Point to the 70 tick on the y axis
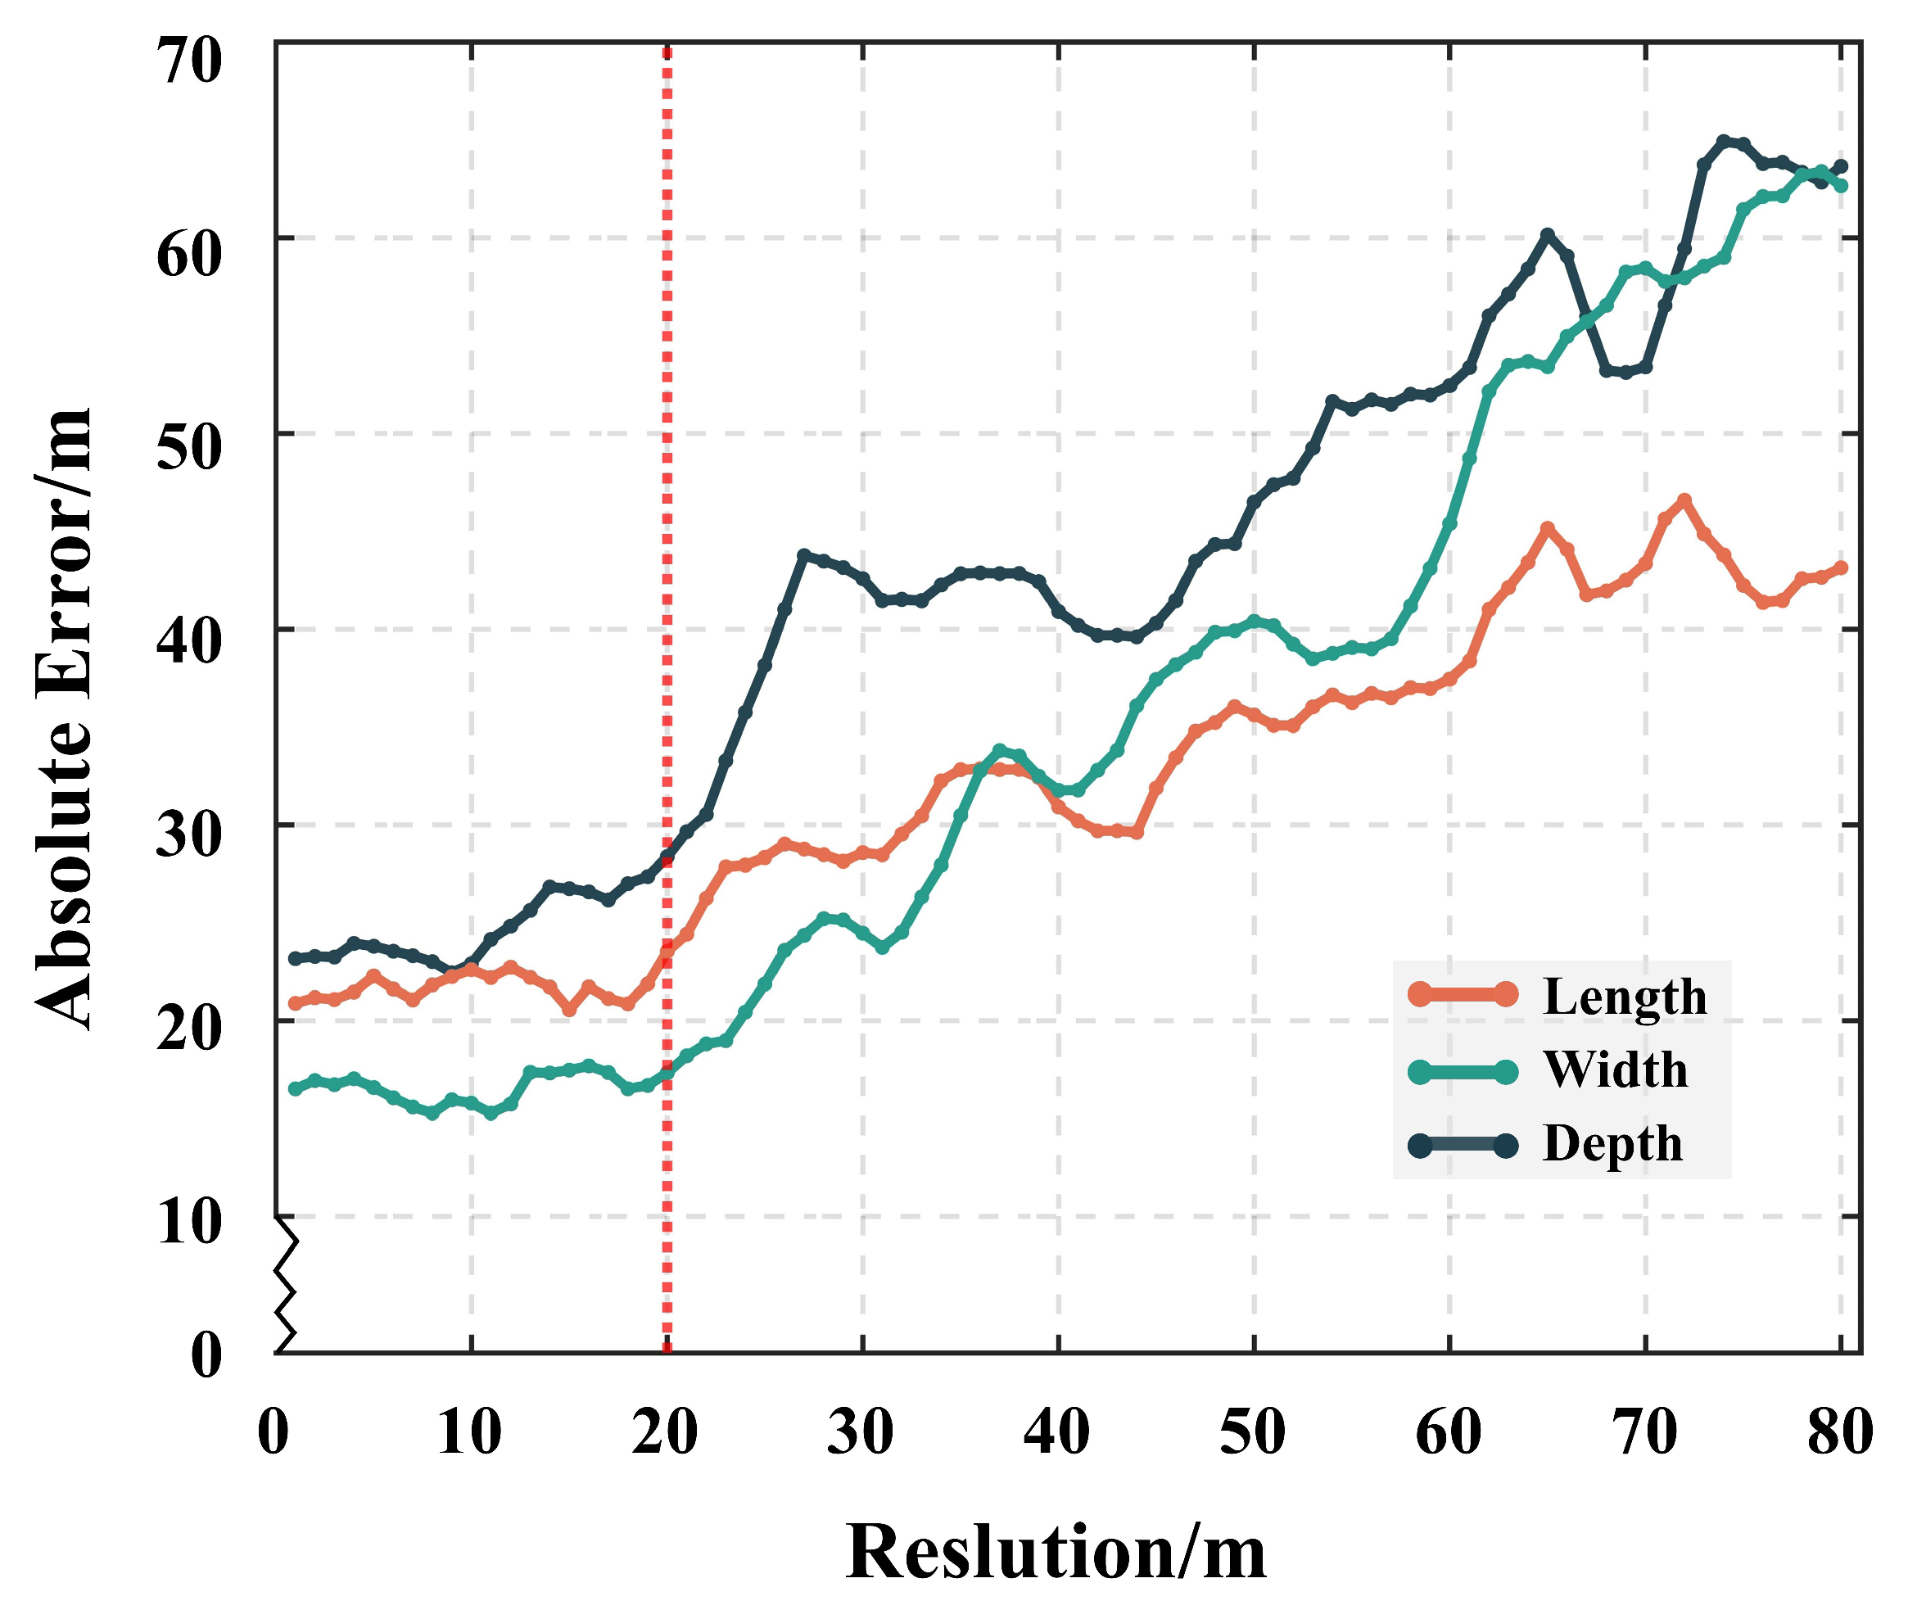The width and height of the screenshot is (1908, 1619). coord(189,61)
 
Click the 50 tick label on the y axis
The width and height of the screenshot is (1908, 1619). coord(189,449)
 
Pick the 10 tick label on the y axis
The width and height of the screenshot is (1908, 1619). coord(189,1223)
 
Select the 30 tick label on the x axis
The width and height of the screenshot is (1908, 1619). coord(860,1431)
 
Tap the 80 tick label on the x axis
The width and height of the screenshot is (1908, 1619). coord(1839,1431)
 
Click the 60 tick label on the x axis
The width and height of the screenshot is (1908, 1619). coord(1449,1431)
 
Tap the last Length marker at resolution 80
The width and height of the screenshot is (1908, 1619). coord(1840,568)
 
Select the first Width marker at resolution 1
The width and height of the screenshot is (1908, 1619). coord(296,1088)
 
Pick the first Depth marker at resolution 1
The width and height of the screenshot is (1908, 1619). coord(296,958)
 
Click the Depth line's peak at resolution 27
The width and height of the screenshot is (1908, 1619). coord(804,555)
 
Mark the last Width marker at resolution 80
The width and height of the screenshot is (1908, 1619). coord(1840,185)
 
